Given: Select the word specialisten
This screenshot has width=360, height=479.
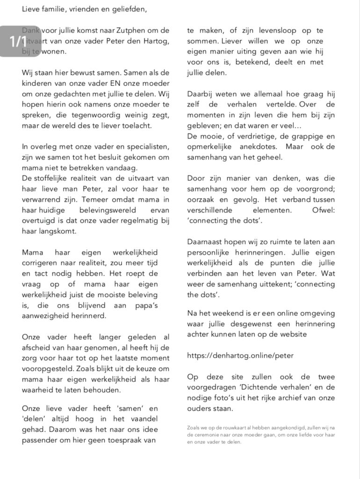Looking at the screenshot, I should [148, 147].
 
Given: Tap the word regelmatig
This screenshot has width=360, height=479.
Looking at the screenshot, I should [137, 221].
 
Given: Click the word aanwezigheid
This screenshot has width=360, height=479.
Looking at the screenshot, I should [44, 316].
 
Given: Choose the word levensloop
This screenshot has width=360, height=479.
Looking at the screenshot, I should [268, 31].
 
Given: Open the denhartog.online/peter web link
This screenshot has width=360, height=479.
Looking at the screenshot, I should [240, 356].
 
